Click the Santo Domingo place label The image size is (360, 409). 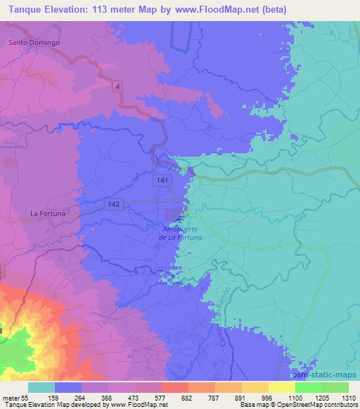pos(34,42)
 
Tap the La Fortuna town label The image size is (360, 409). pos(48,212)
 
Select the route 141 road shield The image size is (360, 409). pos(162,181)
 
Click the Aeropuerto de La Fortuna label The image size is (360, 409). pos(179,233)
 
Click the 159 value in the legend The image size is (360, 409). pos(67,398)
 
